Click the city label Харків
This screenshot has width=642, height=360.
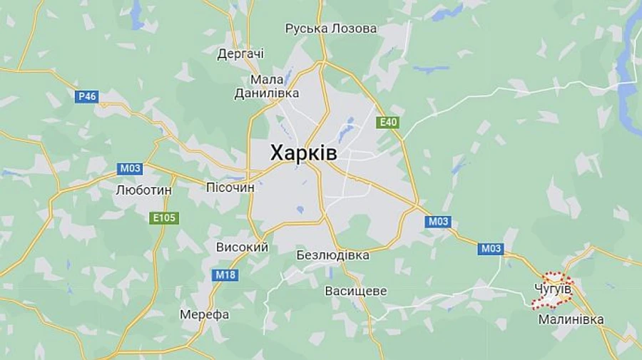coord(304,153)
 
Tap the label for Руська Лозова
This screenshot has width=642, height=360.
coord(331,29)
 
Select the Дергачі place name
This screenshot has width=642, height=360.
coord(240,53)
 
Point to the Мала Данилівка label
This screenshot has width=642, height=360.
coord(267,86)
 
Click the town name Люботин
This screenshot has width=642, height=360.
coord(143,190)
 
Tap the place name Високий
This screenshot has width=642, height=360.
coord(242,247)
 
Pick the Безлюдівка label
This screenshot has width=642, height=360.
coord(333,254)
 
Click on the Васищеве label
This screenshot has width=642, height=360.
coord(355,291)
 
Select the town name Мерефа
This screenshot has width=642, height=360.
coord(204,314)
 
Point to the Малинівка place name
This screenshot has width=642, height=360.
coord(571,319)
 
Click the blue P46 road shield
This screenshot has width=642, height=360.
coord(86,96)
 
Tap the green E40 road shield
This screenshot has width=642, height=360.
coord(387,122)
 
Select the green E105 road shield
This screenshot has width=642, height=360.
coord(164,217)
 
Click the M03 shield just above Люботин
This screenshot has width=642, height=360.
coord(130,168)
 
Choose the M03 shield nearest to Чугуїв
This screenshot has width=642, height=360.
coord(491,248)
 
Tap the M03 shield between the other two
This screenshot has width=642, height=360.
coord(438,221)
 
